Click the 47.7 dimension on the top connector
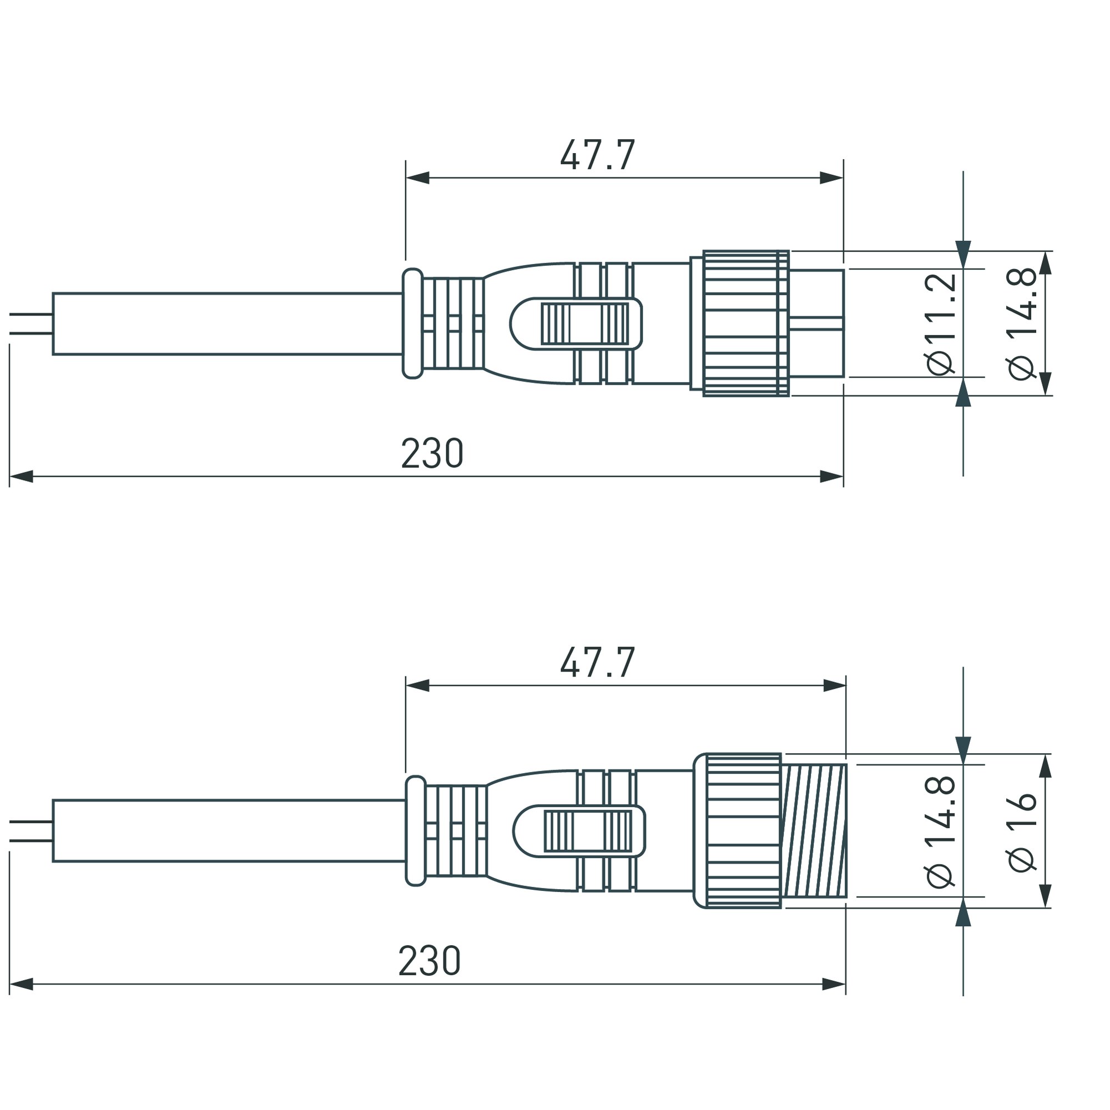[598, 155]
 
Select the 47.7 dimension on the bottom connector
[598, 662]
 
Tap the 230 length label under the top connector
[432, 453]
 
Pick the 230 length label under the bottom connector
[430, 961]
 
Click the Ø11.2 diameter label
[942, 324]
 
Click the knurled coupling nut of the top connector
[746, 323]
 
